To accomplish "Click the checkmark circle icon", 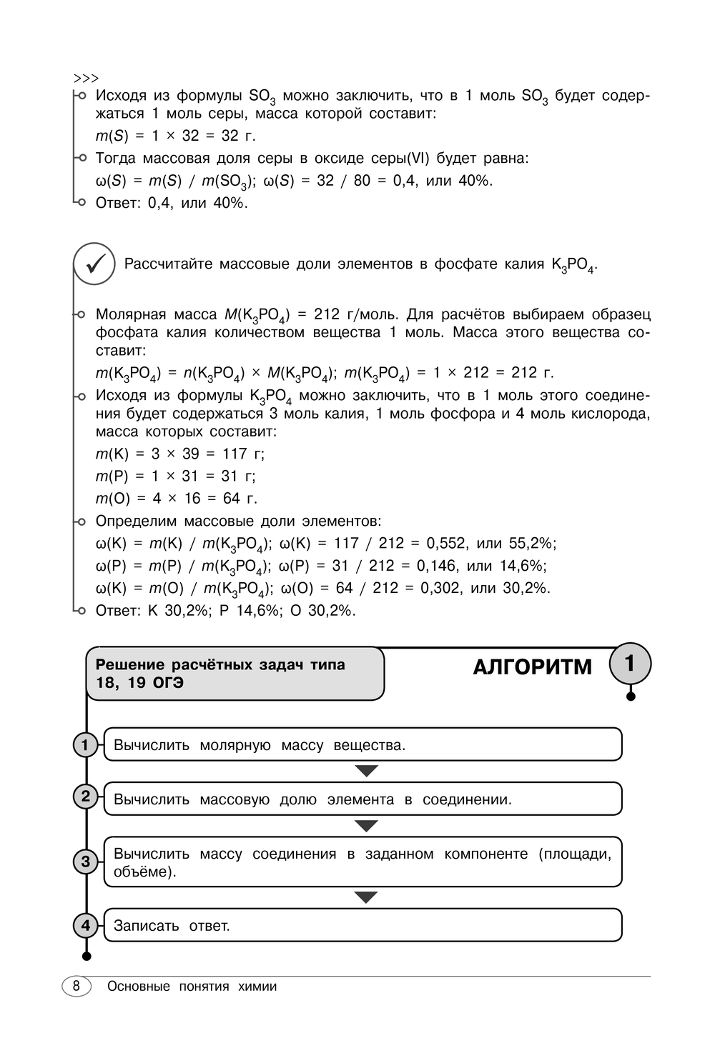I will coord(94,264).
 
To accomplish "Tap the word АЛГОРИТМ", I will coord(533,667).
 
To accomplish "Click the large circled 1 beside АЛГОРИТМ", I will coord(630,664).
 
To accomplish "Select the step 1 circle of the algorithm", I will coord(85,745).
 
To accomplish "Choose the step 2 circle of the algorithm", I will coord(85,796).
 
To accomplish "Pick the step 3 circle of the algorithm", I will coord(85,861).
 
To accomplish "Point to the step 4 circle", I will coord(85,926).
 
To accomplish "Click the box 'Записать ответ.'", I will coord(363,925).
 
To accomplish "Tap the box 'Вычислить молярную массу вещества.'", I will coord(363,744).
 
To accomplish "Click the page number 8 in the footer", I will coord(77,987).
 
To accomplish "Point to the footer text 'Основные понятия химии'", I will coord(192,987).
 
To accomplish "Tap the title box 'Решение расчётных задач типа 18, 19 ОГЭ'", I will coord(235,673).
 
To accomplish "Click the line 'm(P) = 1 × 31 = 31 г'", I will coord(175,476).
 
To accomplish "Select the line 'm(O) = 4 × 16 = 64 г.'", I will coord(177,498).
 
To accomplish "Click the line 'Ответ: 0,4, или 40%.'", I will coord(172,203).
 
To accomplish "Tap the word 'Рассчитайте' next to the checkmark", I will coord(169,264).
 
